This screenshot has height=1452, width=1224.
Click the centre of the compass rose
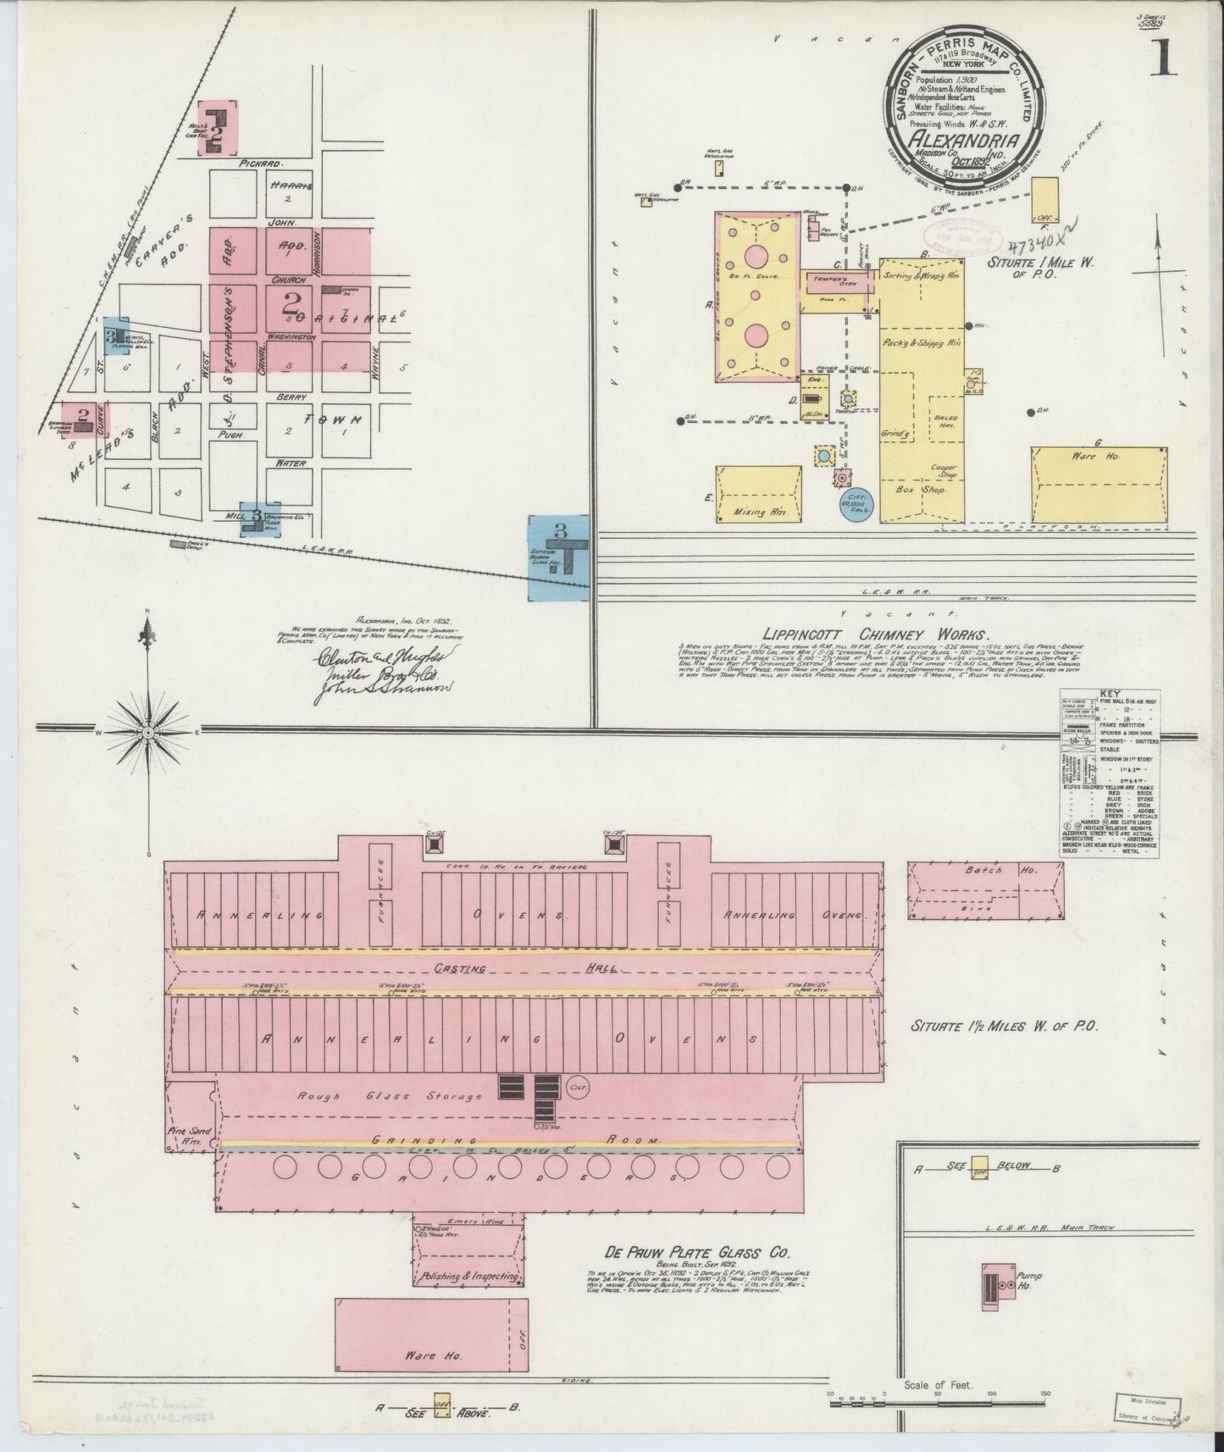[148, 731]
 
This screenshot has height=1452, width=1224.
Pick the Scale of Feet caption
[939, 1386]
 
